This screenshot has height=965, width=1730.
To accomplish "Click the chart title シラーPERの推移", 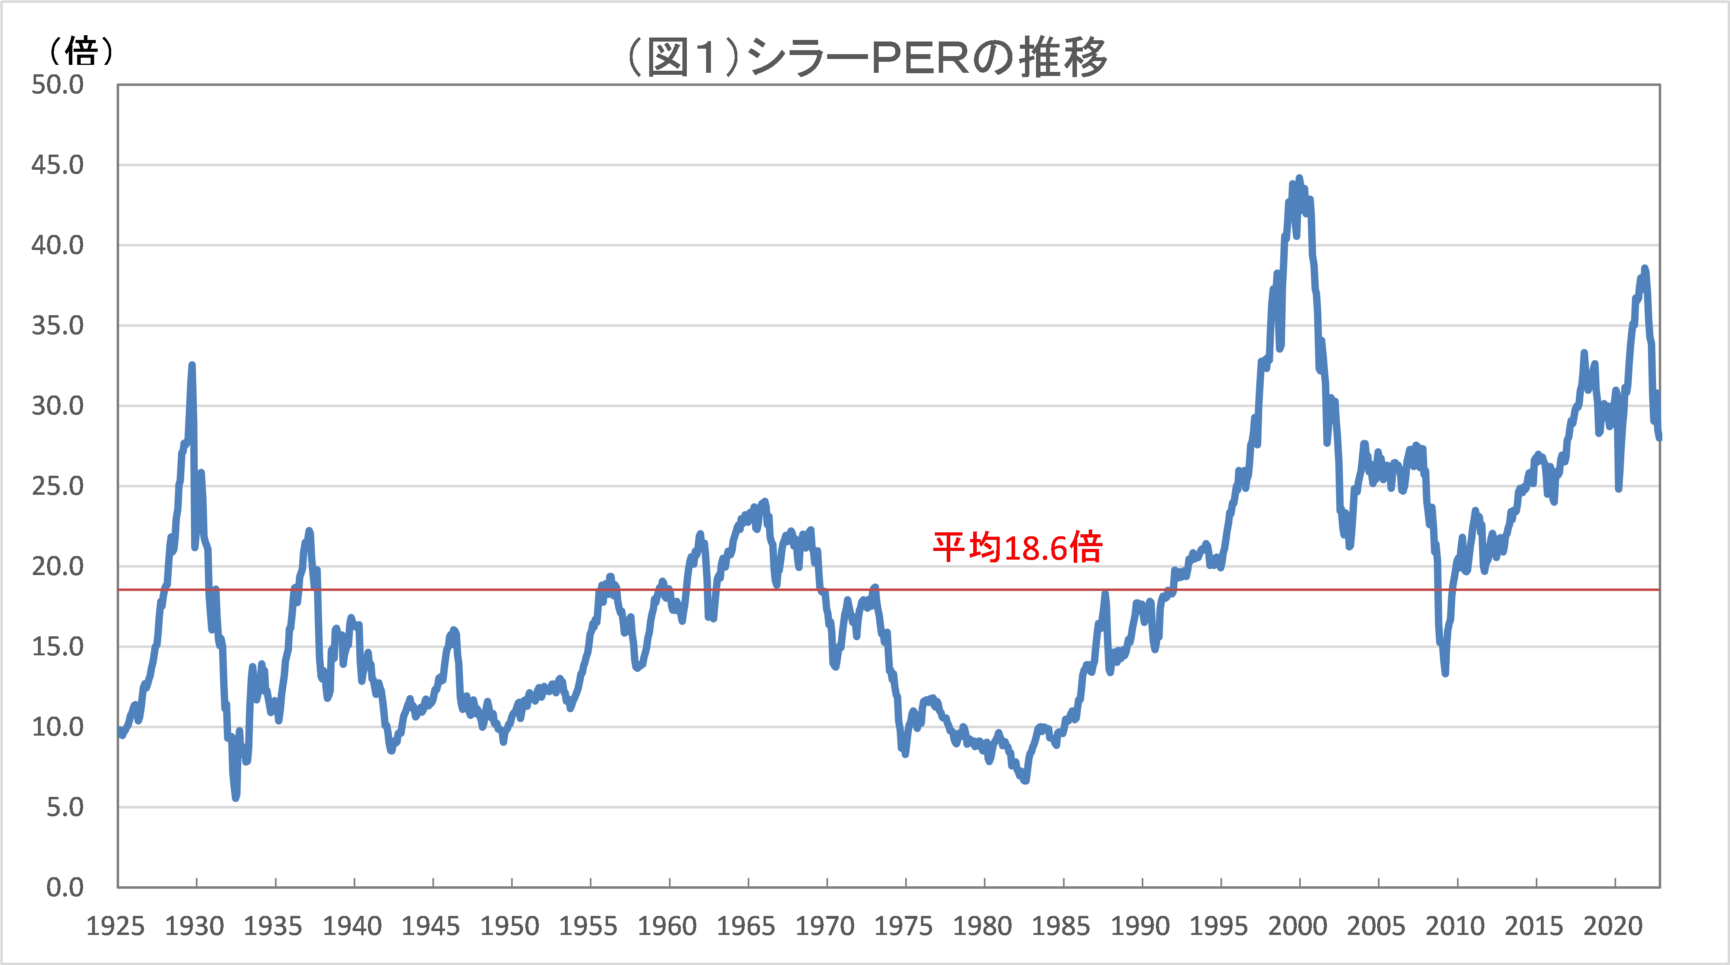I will pyautogui.click(x=866, y=57).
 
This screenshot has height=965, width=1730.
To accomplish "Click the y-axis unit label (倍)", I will pyautogui.click(x=81, y=51).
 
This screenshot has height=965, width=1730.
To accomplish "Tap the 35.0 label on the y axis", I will pyautogui.click(x=58, y=326).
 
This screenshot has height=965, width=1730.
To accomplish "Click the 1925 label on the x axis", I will pyautogui.click(x=116, y=927).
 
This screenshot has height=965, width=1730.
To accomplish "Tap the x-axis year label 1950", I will pyautogui.click(x=510, y=927).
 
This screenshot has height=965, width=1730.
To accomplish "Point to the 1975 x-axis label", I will pyautogui.click(x=904, y=927).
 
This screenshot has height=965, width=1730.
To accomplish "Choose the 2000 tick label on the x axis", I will pyautogui.click(x=1298, y=927).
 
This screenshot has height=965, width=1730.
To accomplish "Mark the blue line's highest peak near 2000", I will pyautogui.click(x=1299, y=179).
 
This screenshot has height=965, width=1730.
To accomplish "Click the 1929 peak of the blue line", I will pyautogui.click(x=192, y=366).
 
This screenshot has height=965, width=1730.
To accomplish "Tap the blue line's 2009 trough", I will pyautogui.click(x=1445, y=672).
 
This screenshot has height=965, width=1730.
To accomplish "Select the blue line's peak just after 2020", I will pyautogui.click(x=1644, y=269).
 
